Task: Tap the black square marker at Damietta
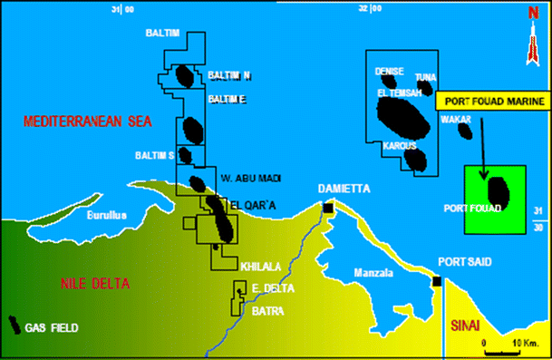pos(327,208)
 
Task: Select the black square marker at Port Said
pos(437,280)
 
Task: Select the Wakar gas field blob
pos(466,130)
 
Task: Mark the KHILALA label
pos(260,267)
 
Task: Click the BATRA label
pos(268,311)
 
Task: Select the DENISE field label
pos(388,71)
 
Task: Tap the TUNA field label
pos(425,77)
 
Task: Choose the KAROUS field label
pos(399,145)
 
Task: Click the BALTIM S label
pos(154,156)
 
